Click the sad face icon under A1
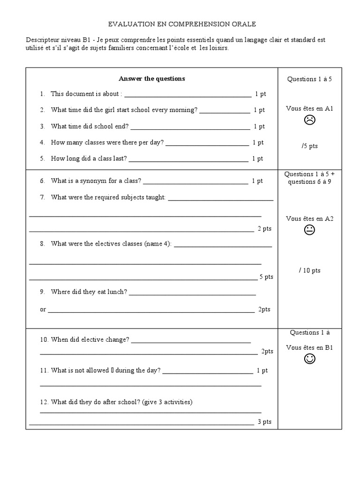tap(309, 120)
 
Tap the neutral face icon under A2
tap(309, 230)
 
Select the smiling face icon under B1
tap(309, 359)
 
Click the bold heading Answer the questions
tap(152, 79)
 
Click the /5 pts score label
tap(310, 146)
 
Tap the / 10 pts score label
tap(309, 270)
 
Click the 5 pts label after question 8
tap(266, 277)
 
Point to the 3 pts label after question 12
tap(264, 422)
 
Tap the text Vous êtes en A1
tap(309, 108)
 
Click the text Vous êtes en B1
tap(309, 347)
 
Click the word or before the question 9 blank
tap(43, 309)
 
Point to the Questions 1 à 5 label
tap(309, 79)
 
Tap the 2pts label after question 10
tap(267, 351)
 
